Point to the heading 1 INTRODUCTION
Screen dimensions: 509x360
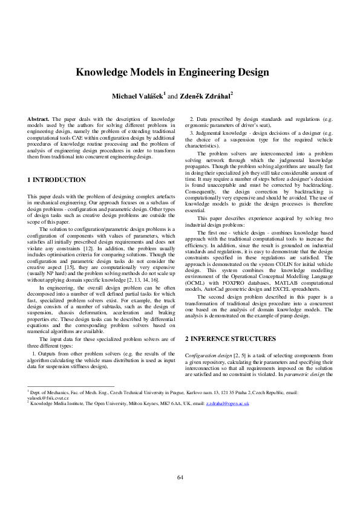(57, 180)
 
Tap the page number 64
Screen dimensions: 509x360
(180, 478)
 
